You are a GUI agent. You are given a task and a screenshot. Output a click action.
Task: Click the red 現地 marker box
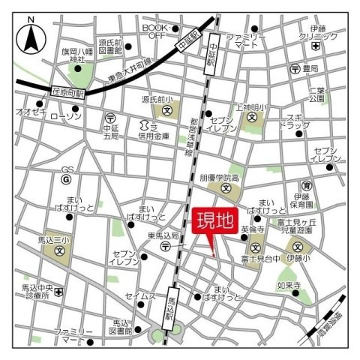pos(215,223)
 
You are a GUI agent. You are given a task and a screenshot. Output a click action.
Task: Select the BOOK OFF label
pos(156,31)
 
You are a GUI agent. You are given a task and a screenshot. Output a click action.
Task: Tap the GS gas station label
pos(66,170)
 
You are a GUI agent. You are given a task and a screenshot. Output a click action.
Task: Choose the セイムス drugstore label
pos(139,296)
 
